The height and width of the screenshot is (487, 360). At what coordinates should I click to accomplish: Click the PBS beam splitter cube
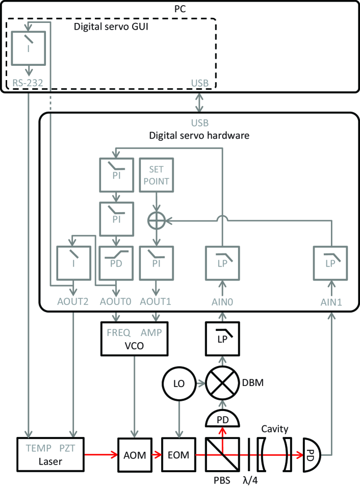pyautogui.click(x=222, y=455)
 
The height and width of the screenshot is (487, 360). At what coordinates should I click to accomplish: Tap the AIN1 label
pyautogui.click(x=331, y=302)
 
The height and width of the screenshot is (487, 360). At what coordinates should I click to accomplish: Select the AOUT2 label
pyautogui.click(x=73, y=301)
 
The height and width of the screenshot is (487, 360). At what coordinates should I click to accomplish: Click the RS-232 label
pyautogui.click(x=28, y=83)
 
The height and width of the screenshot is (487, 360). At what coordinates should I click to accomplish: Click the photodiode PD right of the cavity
pyautogui.click(x=312, y=455)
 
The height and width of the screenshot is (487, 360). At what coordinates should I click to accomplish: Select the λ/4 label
pyautogui.click(x=250, y=480)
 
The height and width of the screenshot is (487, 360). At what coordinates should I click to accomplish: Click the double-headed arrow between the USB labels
pyautogui.click(x=199, y=103)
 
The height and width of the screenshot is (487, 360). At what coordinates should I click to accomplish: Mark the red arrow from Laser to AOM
pyautogui.click(x=101, y=455)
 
